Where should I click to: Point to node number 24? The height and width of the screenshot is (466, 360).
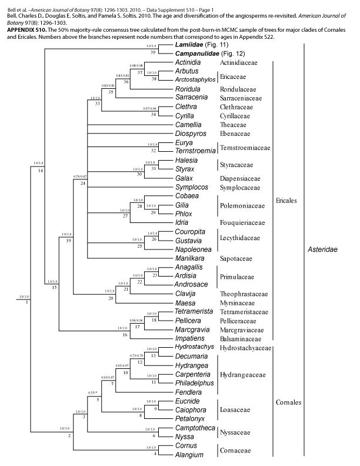(84, 184)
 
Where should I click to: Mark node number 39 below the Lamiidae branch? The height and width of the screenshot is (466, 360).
(152, 52)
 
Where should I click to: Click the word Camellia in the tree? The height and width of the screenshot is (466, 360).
(189, 125)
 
